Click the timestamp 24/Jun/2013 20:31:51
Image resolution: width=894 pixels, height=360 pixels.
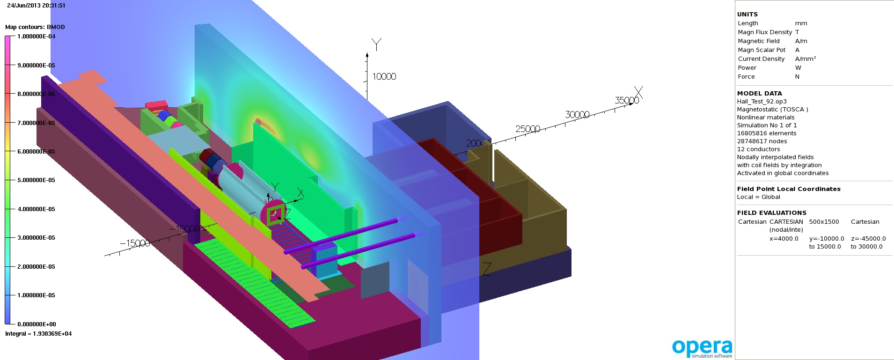tap(36, 6)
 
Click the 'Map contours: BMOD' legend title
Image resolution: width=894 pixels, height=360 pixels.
tap(35, 27)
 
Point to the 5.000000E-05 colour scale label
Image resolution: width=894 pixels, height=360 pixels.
tap(36, 180)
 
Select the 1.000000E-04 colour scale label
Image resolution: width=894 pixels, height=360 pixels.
tap(36, 37)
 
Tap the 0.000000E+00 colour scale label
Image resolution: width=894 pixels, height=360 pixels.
tap(37, 324)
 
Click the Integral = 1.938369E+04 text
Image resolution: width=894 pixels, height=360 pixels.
tap(38, 334)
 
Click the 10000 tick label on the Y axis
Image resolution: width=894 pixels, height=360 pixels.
tap(384, 76)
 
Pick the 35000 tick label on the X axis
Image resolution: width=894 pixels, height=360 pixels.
tap(626, 100)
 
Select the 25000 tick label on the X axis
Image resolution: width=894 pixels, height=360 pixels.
tap(528, 129)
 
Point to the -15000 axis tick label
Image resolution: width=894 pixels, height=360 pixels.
tap(135, 243)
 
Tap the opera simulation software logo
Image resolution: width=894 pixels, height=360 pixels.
tap(702, 348)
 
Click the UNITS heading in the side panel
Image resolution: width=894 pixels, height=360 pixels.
tap(747, 15)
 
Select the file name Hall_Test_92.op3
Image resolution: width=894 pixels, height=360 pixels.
tap(762, 102)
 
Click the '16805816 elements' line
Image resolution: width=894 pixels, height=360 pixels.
tap(766, 133)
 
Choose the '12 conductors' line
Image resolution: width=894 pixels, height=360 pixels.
tap(758, 149)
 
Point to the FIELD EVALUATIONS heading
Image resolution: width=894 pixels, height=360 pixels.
tap(771, 213)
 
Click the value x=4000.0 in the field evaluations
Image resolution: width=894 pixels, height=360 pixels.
tap(784, 239)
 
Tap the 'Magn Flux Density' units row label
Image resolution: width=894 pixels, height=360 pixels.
tap(764, 32)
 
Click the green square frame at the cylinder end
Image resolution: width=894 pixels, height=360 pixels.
tap(276, 214)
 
